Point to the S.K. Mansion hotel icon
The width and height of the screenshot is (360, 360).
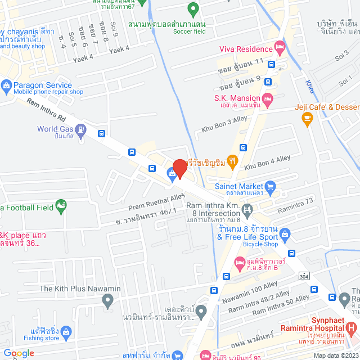(x=268, y=98)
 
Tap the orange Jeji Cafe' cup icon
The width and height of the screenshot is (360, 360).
(x=307, y=118)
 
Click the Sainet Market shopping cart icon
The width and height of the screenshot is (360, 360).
(x=270, y=186)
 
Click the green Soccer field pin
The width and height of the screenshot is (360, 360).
(x=193, y=9)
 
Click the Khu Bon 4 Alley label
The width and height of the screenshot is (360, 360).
(x=268, y=162)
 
